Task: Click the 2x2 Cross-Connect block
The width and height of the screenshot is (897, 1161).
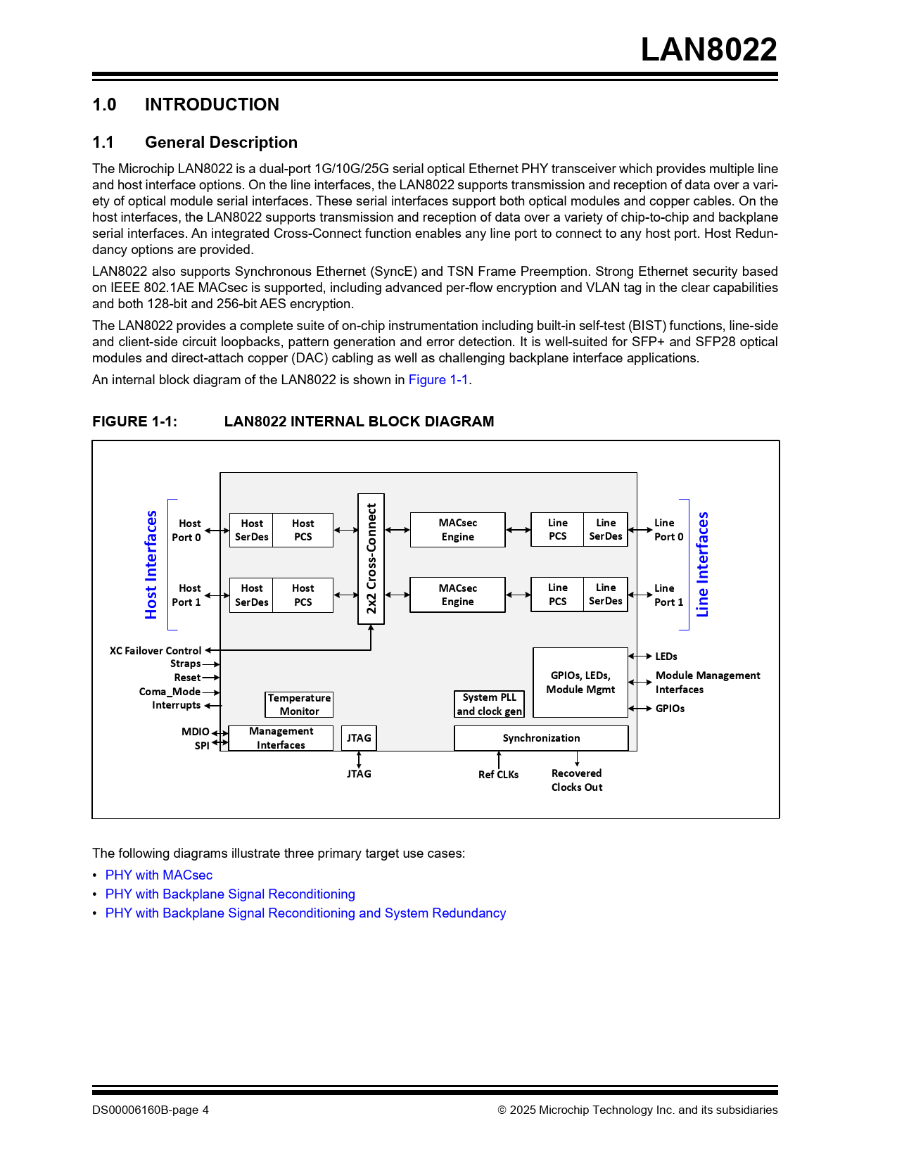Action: point(371,559)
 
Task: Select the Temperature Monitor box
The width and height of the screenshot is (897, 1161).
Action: point(299,704)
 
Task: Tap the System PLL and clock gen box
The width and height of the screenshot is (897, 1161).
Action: point(489,704)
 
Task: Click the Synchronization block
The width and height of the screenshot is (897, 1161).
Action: point(541,738)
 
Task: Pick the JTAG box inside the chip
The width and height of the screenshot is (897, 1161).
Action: point(359,738)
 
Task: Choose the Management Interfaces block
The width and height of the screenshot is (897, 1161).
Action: point(281,738)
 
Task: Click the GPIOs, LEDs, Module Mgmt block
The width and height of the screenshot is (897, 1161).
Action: point(580,683)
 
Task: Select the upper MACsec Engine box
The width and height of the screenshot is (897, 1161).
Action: point(457,530)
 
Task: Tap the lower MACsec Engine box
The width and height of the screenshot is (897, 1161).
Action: point(457,595)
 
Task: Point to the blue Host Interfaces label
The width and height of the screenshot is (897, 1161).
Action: point(151,564)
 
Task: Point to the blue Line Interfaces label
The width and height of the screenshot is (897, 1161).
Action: point(702,564)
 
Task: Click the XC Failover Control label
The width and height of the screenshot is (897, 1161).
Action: point(155,651)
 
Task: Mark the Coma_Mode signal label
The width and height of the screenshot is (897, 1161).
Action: point(170,692)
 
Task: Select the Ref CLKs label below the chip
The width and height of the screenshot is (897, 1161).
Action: point(498,775)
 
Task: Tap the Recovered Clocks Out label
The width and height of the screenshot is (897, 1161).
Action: point(577,780)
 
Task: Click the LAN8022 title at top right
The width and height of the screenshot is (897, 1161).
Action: point(708,50)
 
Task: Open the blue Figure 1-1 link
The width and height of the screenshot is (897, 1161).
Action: point(438,380)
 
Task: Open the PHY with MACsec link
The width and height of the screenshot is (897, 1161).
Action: point(159,875)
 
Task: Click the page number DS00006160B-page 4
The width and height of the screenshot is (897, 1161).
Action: point(151,1110)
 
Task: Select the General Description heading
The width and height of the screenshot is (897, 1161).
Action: point(221,143)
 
